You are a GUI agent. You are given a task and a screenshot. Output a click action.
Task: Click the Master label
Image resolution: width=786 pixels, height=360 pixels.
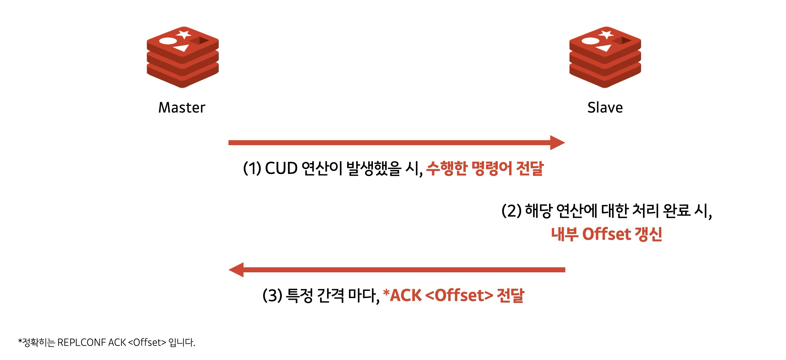pyautogui.click(x=181, y=108)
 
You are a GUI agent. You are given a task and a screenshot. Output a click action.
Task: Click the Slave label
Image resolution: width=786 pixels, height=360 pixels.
pyautogui.click(x=605, y=108)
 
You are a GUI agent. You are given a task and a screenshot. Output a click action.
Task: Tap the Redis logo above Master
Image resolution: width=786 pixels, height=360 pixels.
pyautogui.click(x=183, y=57)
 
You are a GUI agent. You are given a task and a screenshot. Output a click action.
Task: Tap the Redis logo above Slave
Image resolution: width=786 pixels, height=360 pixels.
pyautogui.click(x=605, y=57)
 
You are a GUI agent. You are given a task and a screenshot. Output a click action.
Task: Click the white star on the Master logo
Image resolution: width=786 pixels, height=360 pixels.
pyautogui.click(x=184, y=34)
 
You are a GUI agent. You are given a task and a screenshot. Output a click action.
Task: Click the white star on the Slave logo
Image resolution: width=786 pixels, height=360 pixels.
pyautogui.click(x=606, y=34)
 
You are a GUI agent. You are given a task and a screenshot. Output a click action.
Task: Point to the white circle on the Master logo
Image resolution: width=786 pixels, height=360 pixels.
pyautogui.click(x=167, y=41)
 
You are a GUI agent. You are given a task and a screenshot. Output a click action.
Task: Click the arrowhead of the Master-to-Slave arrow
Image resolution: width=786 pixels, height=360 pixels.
pyautogui.click(x=557, y=143)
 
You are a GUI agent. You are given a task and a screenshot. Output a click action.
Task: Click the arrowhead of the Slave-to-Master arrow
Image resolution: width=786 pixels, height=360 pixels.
pyautogui.click(x=236, y=270)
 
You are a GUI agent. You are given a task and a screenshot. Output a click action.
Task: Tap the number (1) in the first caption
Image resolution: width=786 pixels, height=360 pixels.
pyautogui.click(x=252, y=168)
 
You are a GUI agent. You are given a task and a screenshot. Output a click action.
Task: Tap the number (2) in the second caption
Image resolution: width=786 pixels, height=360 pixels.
pyautogui.click(x=511, y=211)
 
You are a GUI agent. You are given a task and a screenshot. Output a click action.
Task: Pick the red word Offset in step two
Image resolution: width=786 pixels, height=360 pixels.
pyautogui.click(x=607, y=234)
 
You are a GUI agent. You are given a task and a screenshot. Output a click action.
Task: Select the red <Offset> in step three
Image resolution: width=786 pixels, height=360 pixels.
pyautogui.click(x=460, y=295)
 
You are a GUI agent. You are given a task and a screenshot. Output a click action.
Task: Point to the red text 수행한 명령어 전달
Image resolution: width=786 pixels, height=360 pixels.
pyautogui.click(x=485, y=168)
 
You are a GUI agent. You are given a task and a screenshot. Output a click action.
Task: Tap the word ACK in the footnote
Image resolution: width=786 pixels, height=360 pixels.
pyautogui.click(x=117, y=343)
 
